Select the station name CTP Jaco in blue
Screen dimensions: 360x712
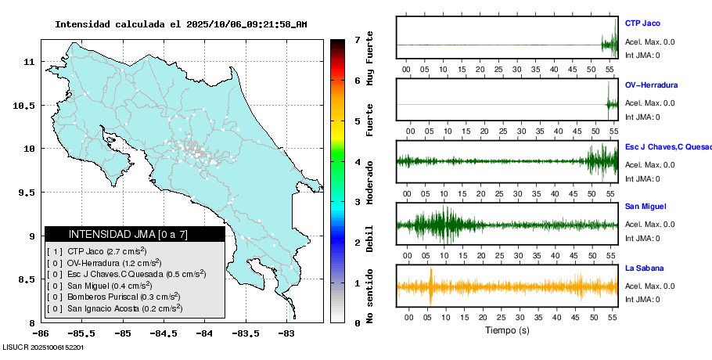pyautogui.click(x=642, y=23)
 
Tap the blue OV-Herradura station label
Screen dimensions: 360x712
pyautogui.click(x=651, y=85)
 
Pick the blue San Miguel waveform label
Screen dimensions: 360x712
pyautogui.click(x=645, y=207)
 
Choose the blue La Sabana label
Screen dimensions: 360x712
pyautogui.click(x=644, y=268)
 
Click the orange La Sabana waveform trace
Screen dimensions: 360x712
pyautogui.click(x=507, y=286)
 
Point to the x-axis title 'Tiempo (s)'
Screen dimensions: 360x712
pyautogui.click(x=507, y=330)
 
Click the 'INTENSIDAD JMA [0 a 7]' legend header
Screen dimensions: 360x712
pyautogui.click(x=135, y=234)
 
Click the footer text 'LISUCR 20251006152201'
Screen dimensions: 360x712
pyautogui.click(x=44, y=346)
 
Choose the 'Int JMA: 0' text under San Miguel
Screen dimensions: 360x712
pyautogui.click(x=642, y=239)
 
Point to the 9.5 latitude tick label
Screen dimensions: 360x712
pyautogui.click(x=27, y=193)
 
